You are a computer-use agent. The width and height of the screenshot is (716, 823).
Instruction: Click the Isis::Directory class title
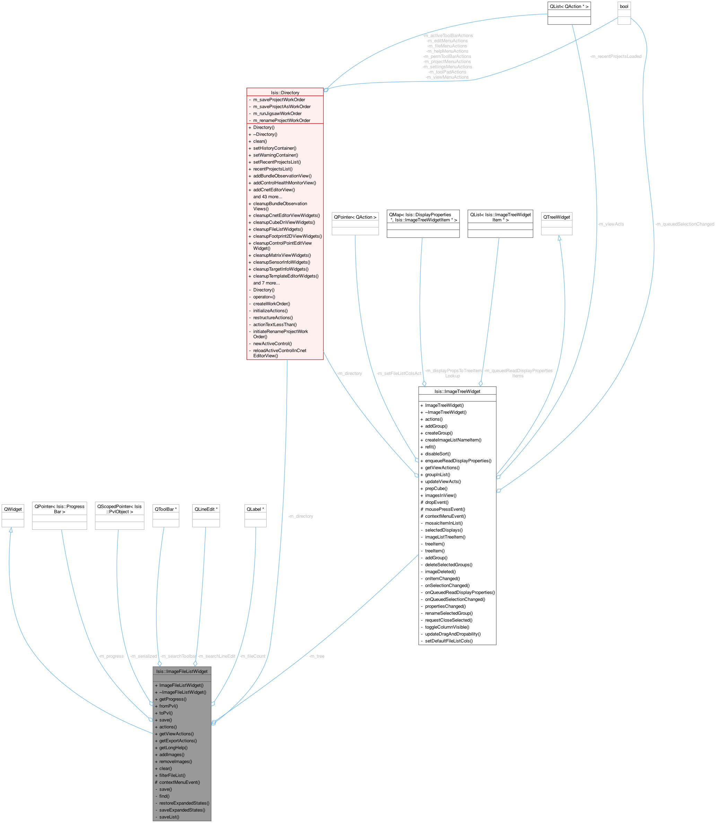tap(285, 93)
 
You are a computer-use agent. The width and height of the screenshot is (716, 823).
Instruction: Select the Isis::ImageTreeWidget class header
tap(457, 392)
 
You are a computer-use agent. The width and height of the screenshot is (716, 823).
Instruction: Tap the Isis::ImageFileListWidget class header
tap(182, 671)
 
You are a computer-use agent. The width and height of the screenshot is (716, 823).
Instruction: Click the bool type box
tap(624, 6)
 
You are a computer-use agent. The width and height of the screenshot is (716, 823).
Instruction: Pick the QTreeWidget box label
tap(556, 217)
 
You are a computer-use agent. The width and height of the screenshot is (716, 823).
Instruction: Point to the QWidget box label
tap(13, 509)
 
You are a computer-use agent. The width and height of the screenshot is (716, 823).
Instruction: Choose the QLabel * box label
tap(255, 509)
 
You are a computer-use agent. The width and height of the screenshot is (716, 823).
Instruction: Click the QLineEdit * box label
tap(206, 509)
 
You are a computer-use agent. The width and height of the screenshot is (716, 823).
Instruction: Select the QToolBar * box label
tap(165, 509)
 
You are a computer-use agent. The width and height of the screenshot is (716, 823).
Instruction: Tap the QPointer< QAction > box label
tap(355, 217)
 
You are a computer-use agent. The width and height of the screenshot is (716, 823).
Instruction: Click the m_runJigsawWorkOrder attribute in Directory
tap(277, 113)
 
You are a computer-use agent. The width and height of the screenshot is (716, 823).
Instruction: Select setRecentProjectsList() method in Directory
tap(277, 162)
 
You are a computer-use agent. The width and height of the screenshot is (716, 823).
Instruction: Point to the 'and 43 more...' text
tap(268, 196)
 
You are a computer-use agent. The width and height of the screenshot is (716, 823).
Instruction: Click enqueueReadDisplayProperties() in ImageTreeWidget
tap(458, 461)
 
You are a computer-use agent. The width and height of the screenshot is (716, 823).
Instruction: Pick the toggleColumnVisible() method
tap(447, 627)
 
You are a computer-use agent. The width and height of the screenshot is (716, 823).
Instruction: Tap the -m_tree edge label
tap(316, 656)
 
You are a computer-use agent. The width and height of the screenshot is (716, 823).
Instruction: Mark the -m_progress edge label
tap(111, 656)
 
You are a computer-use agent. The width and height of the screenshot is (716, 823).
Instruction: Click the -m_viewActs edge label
tap(611, 224)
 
